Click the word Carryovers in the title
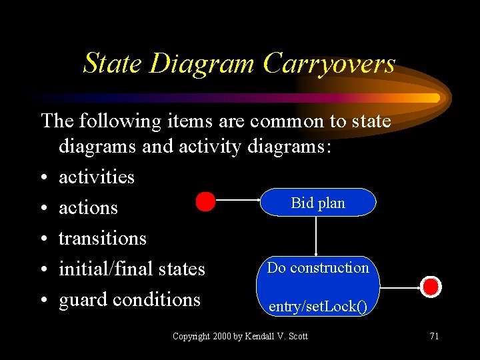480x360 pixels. pos(329,64)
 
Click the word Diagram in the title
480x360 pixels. pos(202,64)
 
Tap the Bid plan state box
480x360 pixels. pos(318,203)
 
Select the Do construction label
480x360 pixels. pos(318,268)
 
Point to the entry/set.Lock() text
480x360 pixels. pos(317,307)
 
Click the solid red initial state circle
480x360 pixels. pos(205,201)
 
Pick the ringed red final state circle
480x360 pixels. pos(431,287)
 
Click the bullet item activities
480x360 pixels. pos(97,177)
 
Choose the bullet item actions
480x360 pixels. pos(88,208)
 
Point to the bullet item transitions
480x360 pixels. pos(103,239)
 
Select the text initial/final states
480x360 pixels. pos(132,269)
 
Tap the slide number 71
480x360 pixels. pos(434,336)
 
